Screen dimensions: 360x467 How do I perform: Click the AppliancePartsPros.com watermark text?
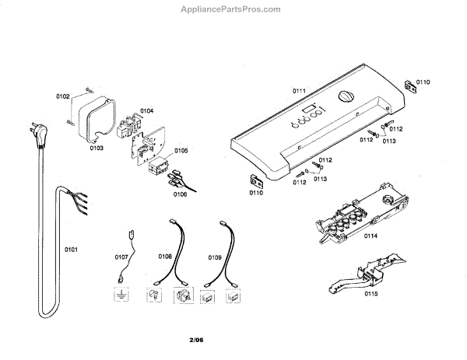click(230, 9)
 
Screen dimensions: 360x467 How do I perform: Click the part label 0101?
click(71, 250)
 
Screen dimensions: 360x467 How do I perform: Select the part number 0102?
click(62, 96)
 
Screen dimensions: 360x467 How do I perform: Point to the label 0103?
click(97, 147)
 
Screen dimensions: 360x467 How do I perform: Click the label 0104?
click(146, 111)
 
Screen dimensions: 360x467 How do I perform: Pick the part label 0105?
click(181, 150)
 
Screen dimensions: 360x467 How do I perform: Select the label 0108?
click(165, 256)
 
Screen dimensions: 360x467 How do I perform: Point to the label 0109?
click(214, 256)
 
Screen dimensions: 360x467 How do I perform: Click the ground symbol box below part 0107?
click(121, 296)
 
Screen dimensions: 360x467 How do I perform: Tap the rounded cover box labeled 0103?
click(95, 117)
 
